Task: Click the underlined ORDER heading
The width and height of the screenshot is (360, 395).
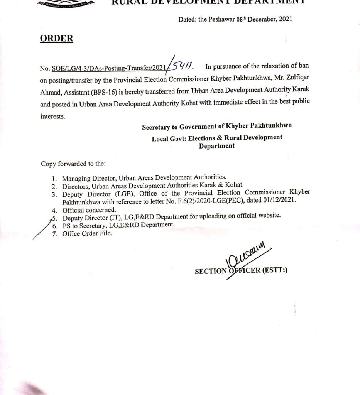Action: (56, 39)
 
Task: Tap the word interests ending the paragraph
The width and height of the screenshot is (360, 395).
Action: (53, 116)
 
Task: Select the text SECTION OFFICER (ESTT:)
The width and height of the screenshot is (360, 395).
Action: (241, 271)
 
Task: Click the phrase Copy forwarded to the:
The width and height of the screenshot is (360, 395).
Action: (73, 164)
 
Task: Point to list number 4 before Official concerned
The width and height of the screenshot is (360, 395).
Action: (54, 210)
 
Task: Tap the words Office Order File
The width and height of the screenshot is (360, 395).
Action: (87, 233)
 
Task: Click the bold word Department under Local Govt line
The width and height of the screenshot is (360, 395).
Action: (216, 146)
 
